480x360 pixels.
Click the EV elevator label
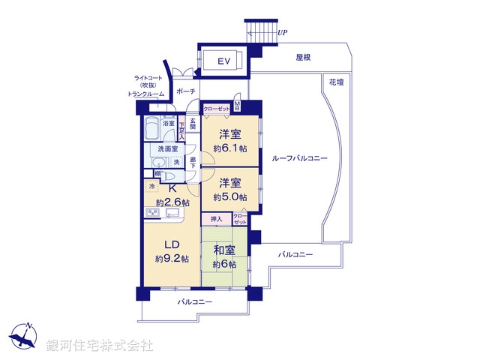[223, 61]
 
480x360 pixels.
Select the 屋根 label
[303, 57]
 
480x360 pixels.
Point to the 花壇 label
[335, 82]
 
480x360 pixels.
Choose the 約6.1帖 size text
[229, 148]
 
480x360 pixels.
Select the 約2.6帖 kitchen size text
[172, 202]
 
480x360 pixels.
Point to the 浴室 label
[169, 124]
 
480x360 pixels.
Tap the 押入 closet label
[216, 220]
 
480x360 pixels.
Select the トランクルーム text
[146, 94]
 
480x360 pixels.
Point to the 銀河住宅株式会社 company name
[100, 346]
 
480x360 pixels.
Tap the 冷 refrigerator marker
[151, 185]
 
